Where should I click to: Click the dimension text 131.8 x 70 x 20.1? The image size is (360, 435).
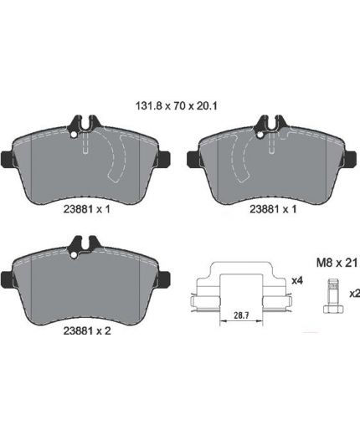177,106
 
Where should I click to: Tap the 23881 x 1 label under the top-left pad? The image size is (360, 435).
87,209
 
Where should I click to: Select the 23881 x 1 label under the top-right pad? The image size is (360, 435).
273,209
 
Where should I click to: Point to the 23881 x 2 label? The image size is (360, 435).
87,330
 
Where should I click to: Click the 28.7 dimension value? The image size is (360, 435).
241,316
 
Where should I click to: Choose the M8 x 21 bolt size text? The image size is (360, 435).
337,263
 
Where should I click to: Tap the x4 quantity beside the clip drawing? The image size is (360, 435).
297,281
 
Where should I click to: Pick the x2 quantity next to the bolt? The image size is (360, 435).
355,294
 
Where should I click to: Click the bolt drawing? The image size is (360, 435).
333,296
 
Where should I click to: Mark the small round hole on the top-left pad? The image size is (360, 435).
74,135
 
